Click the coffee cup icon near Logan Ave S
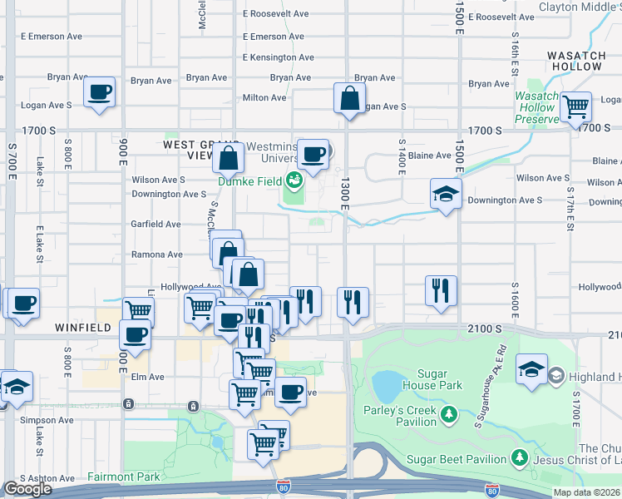tap(99, 91)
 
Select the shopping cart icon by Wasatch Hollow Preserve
tap(575, 106)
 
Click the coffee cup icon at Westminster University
tap(313, 155)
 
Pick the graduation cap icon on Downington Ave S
tap(447, 195)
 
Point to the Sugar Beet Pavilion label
tap(457, 459)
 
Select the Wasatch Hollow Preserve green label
tap(536, 107)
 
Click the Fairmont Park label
tap(123, 477)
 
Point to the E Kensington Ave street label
tap(278, 57)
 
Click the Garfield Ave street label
tap(155, 224)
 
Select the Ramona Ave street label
tap(156, 254)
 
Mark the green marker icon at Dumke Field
tap(293, 179)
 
